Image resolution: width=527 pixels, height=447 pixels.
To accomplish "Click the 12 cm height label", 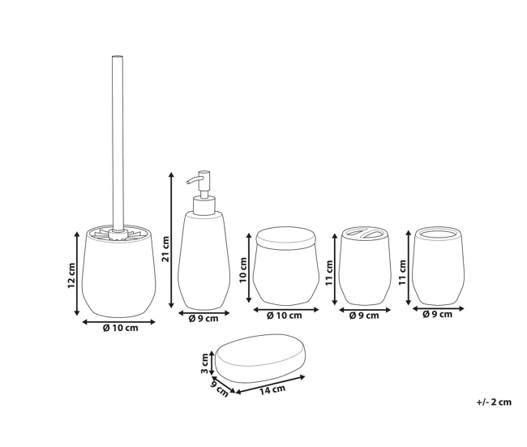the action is [x=71, y=275].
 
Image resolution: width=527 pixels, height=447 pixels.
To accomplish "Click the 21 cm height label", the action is [x=166, y=249].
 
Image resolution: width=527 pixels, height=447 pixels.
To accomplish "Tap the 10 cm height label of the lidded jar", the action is [x=243, y=270].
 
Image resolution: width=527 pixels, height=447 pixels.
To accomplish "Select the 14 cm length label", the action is [x=272, y=390].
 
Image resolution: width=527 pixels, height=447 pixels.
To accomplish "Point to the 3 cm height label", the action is [x=204, y=363].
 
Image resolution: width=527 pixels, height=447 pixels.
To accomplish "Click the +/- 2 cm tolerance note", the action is [x=494, y=402].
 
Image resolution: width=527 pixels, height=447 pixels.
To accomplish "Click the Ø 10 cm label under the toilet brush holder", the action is [x=120, y=328].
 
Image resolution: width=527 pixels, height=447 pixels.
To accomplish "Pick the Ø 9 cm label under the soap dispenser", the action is [x=204, y=318].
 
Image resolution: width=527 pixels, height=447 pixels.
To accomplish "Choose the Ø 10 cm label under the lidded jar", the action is [x=285, y=316].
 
